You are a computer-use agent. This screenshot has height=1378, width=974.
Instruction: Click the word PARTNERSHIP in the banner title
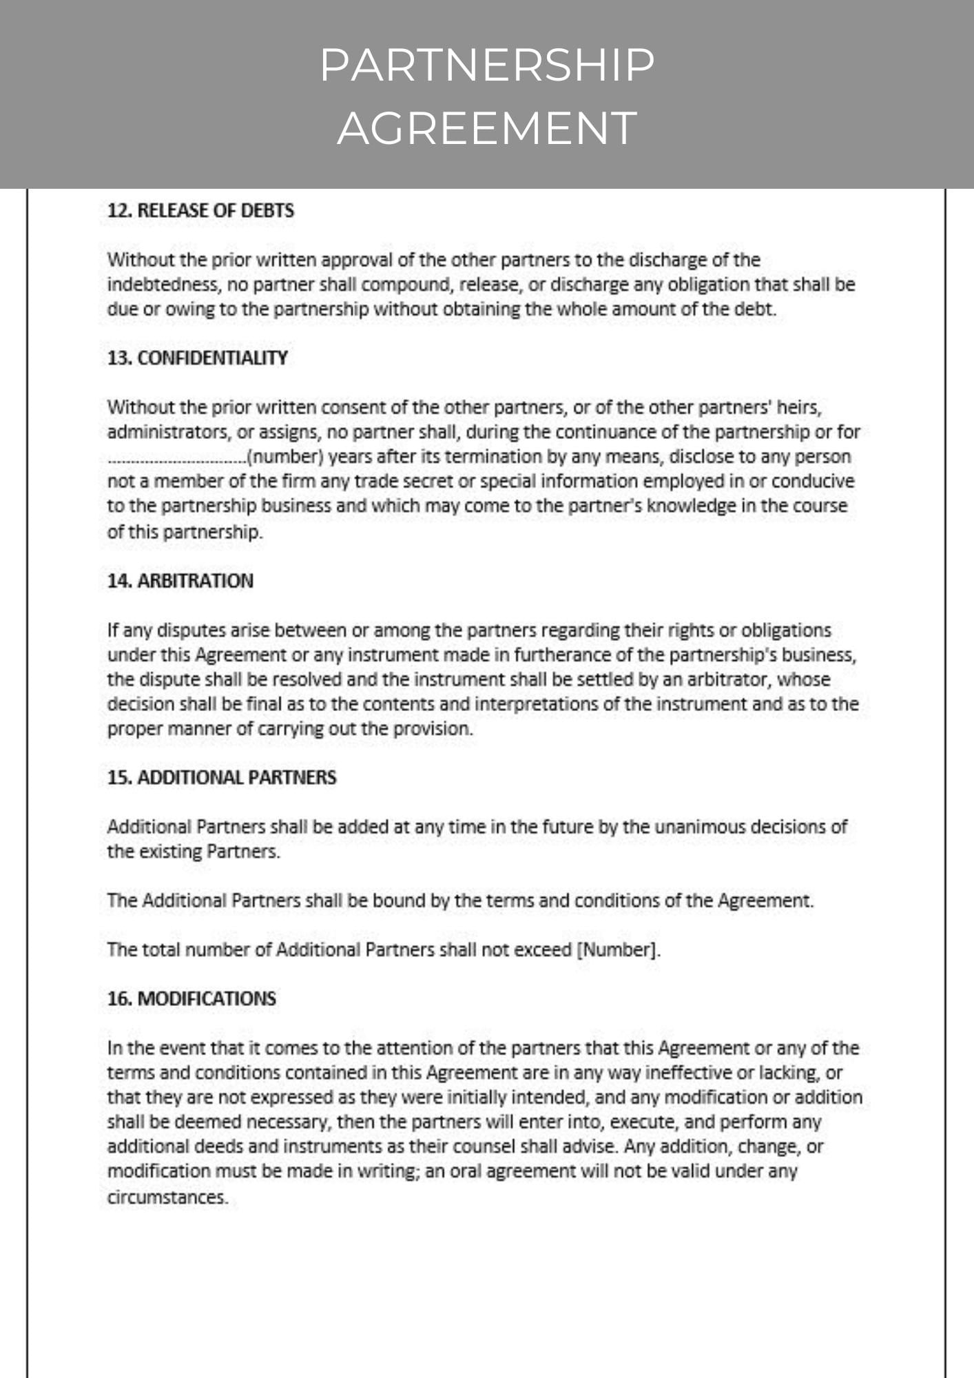click(x=487, y=65)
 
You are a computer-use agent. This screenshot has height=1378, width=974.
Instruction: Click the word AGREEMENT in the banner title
click(x=487, y=128)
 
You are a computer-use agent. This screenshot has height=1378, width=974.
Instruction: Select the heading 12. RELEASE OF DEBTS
click(x=200, y=211)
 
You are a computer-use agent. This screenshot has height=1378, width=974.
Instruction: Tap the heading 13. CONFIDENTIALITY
click(x=197, y=358)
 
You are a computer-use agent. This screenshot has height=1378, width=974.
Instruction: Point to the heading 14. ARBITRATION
click(x=180, y=581)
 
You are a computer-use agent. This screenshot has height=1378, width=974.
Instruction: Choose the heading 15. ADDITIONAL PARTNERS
click(x=222, y=778)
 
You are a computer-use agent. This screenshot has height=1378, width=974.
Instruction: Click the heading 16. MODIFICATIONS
click(x=191, y=999)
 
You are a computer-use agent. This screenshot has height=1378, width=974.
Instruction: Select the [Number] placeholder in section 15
click(x=618, y=950)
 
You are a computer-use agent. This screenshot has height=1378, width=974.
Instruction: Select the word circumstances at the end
click(x=167, y=1197)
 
